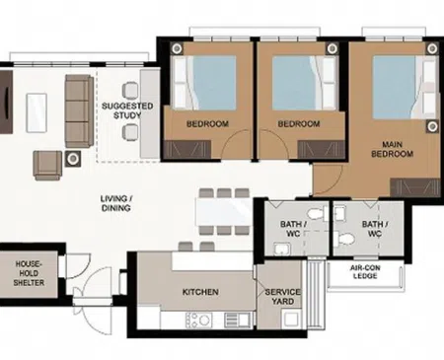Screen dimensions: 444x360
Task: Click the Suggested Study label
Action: [x=127, y=110]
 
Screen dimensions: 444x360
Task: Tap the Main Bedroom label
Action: [x=392, y=149]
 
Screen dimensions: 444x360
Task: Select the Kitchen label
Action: [x=200, y=292]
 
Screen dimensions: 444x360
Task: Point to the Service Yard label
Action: [x=283, y=297]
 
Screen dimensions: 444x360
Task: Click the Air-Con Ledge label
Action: [x=365, y=272]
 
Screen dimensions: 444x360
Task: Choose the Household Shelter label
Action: [x=29, y=273]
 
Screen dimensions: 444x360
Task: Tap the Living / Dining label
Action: [x=116, y=203]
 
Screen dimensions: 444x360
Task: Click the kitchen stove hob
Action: [x=198, y=320]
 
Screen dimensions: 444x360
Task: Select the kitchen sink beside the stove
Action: [x=237, y=320]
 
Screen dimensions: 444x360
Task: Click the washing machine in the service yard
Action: [x=291, y=319]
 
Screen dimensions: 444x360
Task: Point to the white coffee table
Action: [x=37, y=112]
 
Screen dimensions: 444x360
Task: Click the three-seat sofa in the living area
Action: [x=79, y=111]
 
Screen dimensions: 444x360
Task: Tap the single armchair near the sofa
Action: [x=47, y=166]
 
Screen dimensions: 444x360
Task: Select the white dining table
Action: [x=224, y=211]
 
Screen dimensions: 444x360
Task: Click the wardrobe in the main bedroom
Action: [x=415, y=188]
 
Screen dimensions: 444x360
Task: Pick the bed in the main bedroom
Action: [x=406, y=87]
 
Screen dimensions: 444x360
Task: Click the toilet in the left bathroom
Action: [x=317, y=214]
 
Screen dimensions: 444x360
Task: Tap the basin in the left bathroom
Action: [x=282, y=249]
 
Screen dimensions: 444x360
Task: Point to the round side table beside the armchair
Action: [x=73, y=159]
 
